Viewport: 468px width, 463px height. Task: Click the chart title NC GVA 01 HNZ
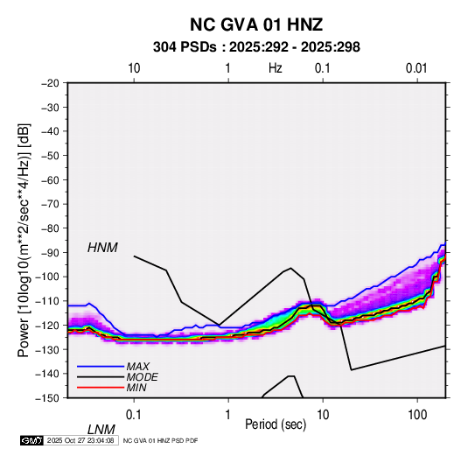point(256,25)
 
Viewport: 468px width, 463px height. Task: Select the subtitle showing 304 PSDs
point(256,47)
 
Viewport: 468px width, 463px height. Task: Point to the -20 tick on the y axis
point(50,83)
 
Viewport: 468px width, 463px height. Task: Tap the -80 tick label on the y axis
point(50,228)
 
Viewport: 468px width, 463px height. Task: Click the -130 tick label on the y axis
point(47,349)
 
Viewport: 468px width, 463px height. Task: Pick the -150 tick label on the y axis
point(47,398)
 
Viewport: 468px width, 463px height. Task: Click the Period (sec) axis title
point(276,424)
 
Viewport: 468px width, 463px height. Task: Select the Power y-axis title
point(24,240)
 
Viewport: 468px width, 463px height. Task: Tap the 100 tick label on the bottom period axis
point(417,415)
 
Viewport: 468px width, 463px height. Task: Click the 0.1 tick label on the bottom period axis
point(134,415)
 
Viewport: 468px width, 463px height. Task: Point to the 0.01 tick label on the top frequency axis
point(416,68)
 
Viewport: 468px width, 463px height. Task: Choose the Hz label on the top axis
point(276,68)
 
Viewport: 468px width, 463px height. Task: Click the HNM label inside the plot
point(102,248)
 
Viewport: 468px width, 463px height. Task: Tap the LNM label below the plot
point(101,430)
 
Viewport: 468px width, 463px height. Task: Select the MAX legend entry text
point(138,367)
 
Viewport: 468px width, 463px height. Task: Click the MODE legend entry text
point(142,377)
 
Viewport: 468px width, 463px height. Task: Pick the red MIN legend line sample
point(101,388)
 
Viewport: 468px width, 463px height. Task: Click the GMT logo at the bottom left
point(32,440)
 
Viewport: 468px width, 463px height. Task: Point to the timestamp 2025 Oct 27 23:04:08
point(80,440)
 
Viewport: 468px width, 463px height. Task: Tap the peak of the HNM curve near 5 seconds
point(290,268)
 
